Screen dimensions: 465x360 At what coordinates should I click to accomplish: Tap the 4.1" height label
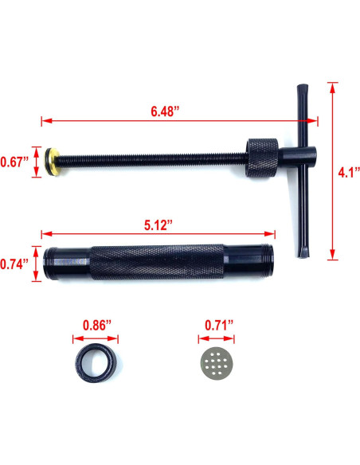point(348,170)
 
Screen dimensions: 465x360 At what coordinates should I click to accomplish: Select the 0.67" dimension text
point(14,162)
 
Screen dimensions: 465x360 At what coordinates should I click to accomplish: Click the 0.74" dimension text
point(14,262)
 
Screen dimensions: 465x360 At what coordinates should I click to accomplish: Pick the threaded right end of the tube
point(260,260)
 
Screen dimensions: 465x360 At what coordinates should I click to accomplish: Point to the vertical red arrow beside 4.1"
point(331,170)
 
